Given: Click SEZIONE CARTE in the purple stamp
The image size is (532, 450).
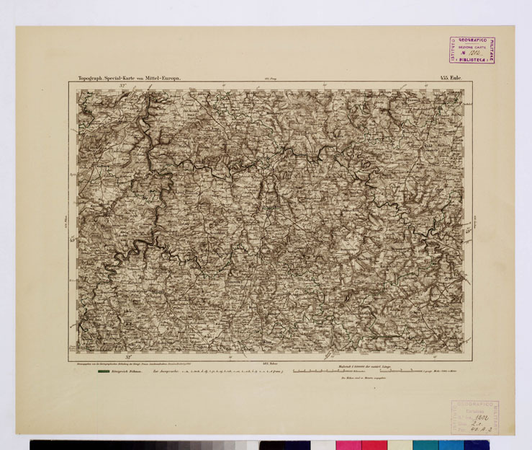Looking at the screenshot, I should [x=473, y=46].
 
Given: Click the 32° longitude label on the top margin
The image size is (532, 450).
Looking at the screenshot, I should [x=123, y=84].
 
